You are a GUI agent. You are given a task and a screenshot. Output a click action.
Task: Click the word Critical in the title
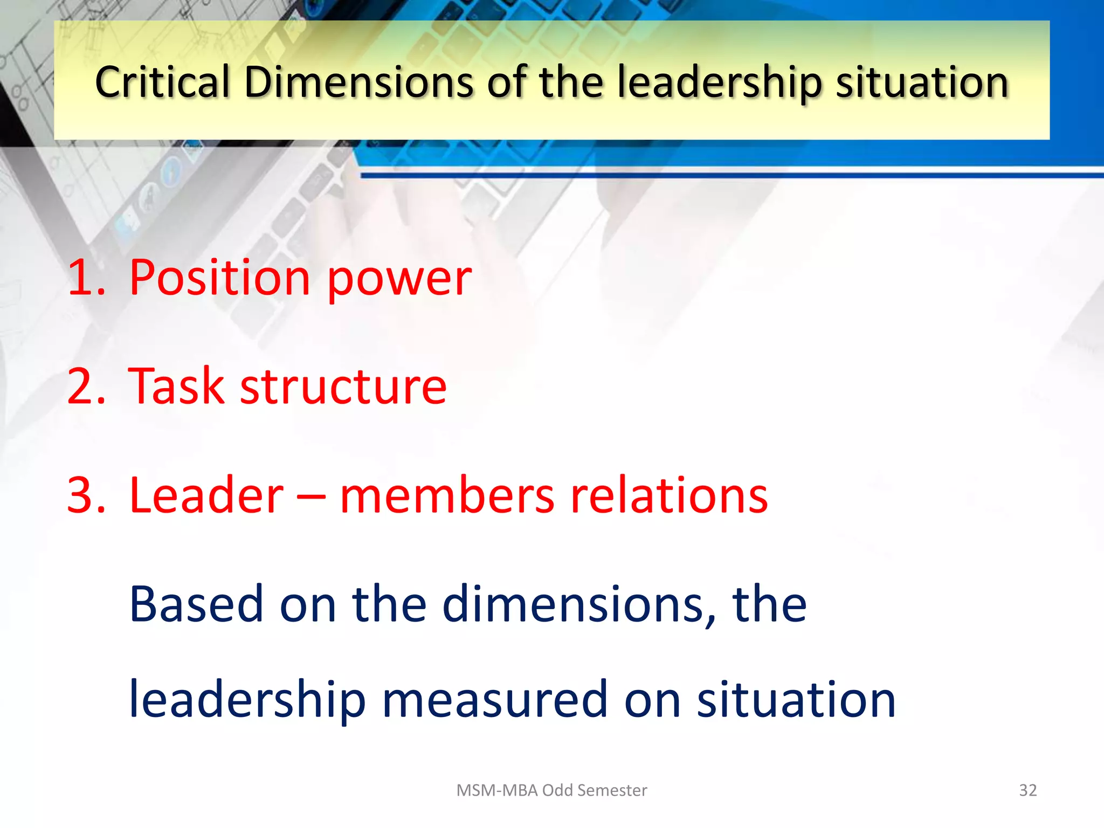[162, 82]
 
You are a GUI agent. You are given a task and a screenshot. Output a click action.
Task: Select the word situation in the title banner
[922, 82]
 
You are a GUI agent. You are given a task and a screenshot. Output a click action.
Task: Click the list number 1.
[85, 278]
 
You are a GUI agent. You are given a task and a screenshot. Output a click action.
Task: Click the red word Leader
[206, 495]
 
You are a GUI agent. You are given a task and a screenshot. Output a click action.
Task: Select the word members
[447, 495]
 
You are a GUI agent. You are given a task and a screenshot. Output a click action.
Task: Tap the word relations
[669, 495]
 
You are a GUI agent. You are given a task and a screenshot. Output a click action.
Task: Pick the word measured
[495, 700]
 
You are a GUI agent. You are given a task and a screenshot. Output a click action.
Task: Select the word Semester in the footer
[612, 790]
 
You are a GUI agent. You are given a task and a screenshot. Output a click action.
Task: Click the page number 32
[1027, 790]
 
